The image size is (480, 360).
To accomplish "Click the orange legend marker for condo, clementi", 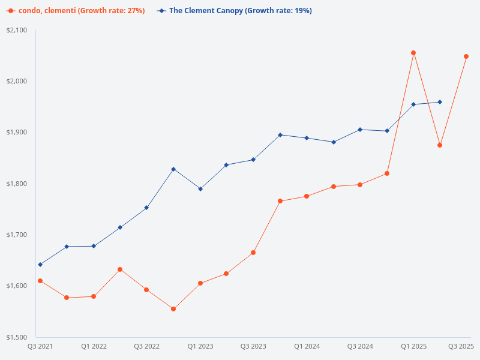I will point(11,11).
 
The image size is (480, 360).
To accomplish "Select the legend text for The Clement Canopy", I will point(240,11).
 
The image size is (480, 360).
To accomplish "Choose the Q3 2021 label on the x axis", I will point(40,346).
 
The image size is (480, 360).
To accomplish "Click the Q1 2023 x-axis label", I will point(200,346).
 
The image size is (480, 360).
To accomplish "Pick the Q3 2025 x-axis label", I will point(461,346).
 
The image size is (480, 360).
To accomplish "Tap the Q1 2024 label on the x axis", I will point(307,346).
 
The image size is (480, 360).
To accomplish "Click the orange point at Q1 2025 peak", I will point(413,53).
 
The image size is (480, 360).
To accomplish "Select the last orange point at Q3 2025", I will point(466,56).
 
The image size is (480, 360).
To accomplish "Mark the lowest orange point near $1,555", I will point(173,309).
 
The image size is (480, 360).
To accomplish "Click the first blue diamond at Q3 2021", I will point(40,265).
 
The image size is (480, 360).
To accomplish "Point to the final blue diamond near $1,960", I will point(440,102).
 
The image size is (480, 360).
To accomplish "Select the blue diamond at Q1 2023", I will point(200,189).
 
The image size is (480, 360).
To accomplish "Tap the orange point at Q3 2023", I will point(253,253).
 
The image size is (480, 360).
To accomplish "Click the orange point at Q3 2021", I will point(40,281).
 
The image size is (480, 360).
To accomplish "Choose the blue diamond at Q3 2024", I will point(360,130).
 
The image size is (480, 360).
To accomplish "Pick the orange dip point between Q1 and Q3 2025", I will point(440,145).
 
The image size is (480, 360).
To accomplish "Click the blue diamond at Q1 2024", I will point(307,138).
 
